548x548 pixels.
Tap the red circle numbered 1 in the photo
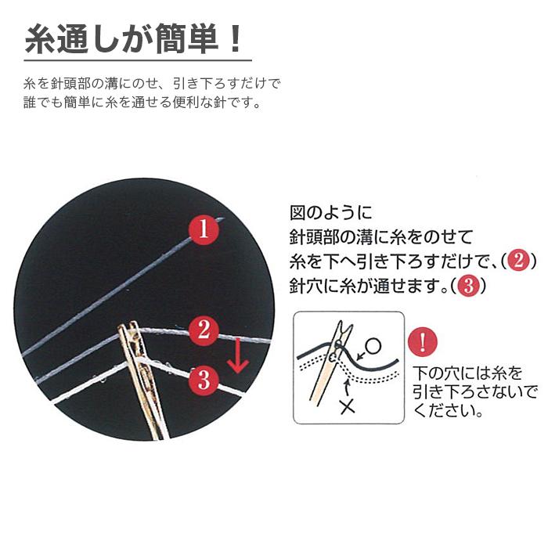point(203,230)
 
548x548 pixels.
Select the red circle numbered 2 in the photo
point(204,330)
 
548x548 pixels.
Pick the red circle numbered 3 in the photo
point(204,380)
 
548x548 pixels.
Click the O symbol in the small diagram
point(373,345)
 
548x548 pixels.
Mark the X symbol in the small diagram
point(348,406)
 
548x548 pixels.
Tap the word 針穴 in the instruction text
point(305,286)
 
